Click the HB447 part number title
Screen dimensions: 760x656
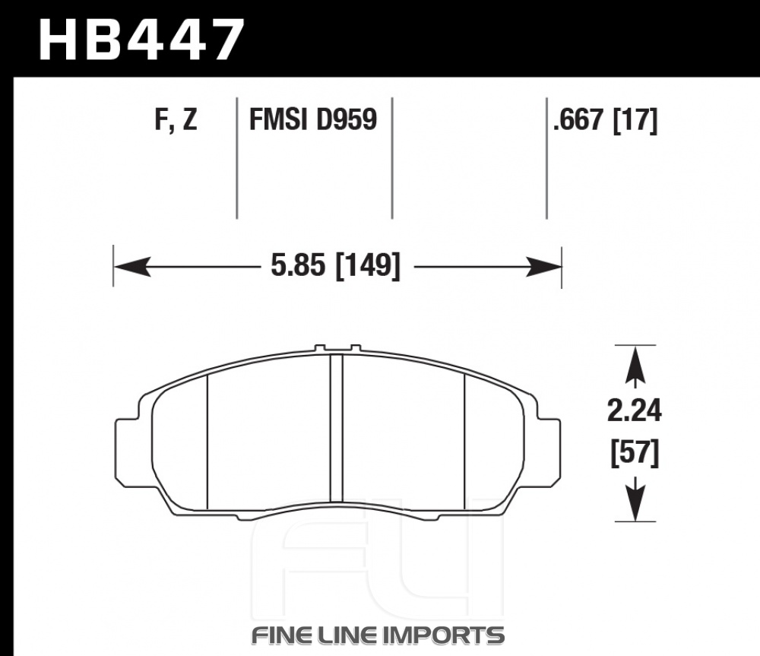coord(141,40)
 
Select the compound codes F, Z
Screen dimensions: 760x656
coord(176,120)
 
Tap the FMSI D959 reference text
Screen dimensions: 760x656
coord(312,119)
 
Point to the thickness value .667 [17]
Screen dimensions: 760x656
coord(605,120)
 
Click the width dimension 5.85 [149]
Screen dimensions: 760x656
coord(335,266)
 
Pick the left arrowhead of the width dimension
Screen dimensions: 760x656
coord(131,267)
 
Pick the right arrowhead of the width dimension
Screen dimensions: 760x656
coord(543,267)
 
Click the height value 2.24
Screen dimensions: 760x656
coord(634,411)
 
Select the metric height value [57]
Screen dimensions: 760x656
coord(635,453)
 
